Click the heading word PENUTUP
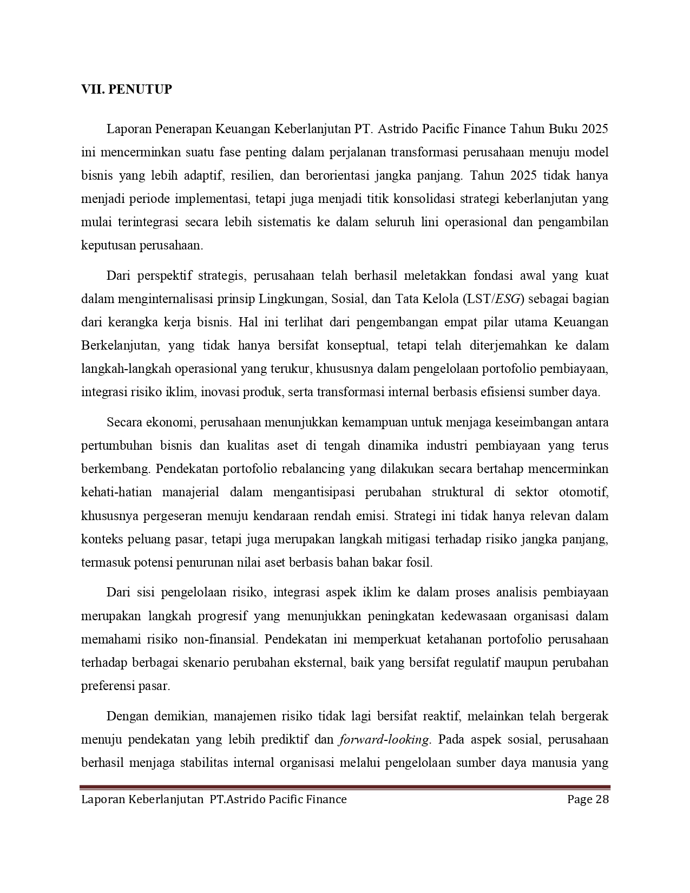pyautogui.click(x=140, y=89)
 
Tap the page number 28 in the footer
pyautogui.click(x=602, y=799)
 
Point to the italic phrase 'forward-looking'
pyautogui.click(x=384, y=740)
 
